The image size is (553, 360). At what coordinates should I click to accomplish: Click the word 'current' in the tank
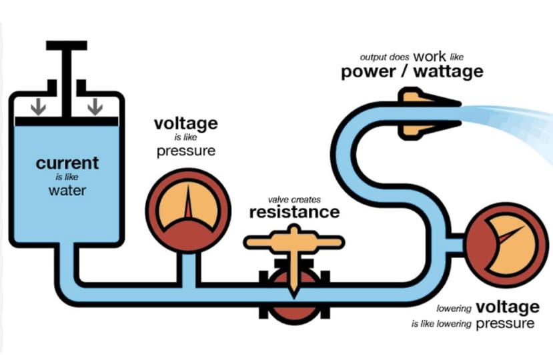point(67,163)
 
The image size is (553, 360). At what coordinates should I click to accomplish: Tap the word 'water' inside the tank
point(67,191)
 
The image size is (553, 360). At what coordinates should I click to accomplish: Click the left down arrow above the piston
point(38,106)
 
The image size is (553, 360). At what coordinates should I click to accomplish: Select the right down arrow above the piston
point(95,106)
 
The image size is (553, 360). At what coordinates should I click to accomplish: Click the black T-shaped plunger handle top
point(66,45)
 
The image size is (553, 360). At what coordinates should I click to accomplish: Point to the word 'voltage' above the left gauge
point(185,123)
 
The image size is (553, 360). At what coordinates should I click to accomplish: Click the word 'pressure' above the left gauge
point(186,151)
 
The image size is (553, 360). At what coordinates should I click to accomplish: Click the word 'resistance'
point(294,213)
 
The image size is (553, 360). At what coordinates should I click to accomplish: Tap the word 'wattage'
point(448,72)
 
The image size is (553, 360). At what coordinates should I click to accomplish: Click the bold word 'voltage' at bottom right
point(507,307)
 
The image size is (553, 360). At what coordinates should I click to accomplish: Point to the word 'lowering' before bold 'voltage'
point(454,309)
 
